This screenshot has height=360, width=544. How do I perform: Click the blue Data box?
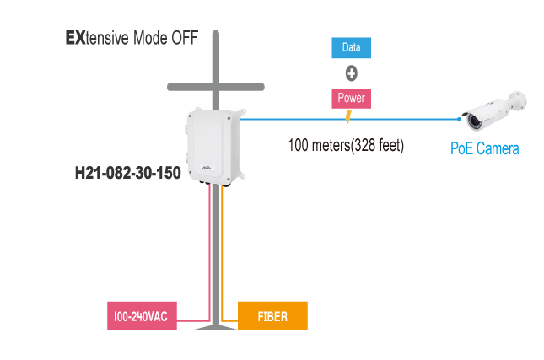coord(351,48)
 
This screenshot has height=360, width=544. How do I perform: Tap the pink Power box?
coord(351,99)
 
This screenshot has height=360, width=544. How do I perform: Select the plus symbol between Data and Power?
coord(351,73)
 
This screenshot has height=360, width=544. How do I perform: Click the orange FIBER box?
coord(272,316)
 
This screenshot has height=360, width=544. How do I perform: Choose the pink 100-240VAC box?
coord(141,317)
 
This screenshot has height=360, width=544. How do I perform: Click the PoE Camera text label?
coord(483,149)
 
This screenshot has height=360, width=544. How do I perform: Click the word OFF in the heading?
coord(185,39)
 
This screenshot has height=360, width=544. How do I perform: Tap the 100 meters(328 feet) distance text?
coord(346,145)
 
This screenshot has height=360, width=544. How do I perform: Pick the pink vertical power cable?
coord(207,253)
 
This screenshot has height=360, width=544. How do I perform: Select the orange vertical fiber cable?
coord(223,253)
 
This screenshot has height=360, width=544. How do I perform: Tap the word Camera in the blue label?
coord(497,149)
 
